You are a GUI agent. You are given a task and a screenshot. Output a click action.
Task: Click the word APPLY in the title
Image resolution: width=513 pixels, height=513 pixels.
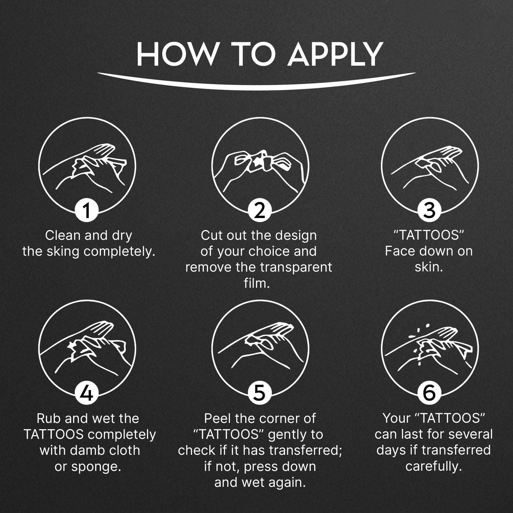tap(336, 54)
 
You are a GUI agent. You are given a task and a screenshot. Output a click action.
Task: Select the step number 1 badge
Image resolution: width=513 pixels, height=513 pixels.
tap(87, 210)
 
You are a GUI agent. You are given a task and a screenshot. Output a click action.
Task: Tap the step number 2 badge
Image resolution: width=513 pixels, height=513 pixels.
tap(260, 210)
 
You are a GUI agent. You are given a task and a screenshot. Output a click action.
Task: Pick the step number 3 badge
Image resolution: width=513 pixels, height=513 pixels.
tap(430, 210)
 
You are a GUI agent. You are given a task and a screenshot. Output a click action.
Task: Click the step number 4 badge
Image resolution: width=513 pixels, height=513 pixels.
tap(87, 393)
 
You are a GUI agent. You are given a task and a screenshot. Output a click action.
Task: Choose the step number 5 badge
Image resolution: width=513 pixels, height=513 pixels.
tap(260, 393)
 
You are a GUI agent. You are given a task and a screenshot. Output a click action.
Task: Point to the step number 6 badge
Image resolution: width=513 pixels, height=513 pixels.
tap(430, 393)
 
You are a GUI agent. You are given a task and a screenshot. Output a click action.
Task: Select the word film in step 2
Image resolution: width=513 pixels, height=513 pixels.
tap(257, 283)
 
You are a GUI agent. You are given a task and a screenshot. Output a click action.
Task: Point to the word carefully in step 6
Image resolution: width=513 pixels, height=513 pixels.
tap(434, 467)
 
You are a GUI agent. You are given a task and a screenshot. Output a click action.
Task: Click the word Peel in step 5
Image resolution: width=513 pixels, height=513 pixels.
tap(217, 419)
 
